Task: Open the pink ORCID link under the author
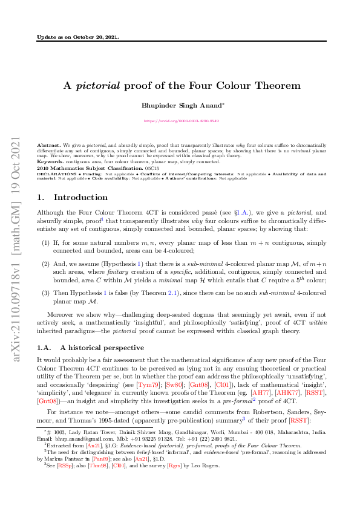(181, 121)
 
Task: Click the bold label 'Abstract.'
(48, 145)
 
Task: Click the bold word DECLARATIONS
(53, 172)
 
